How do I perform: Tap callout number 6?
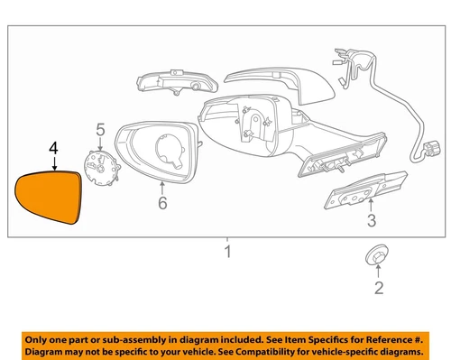point(162,205)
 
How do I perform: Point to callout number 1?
point(228,252)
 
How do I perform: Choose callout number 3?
point(371,218)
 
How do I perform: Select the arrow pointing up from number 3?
point(371,204)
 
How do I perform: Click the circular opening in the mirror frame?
point(170,150)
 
